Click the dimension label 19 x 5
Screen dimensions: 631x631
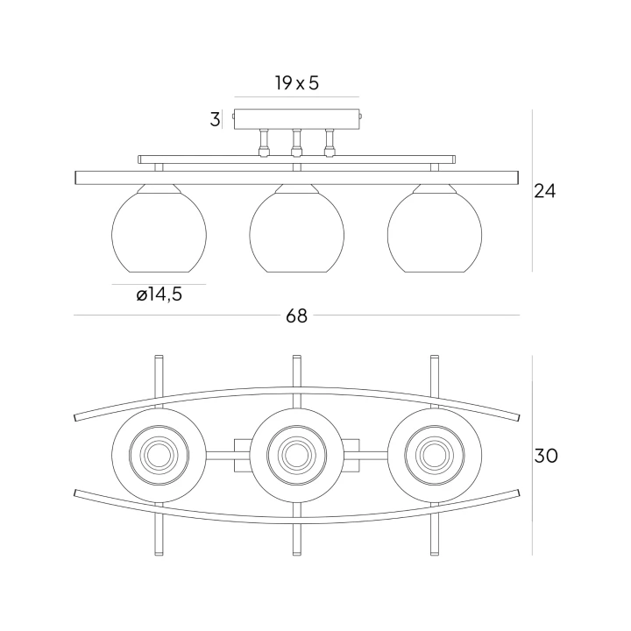pos(297,83)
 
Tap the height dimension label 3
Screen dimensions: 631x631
pos(216,119)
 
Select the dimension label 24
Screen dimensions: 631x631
pos(544,191)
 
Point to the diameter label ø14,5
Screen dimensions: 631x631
pos(159,294)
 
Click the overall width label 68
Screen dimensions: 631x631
pos(296,315)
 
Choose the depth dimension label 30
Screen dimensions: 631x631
pos(546,456)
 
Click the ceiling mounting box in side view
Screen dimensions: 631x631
pos(297,118)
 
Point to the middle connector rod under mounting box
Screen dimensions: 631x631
pos(296,143)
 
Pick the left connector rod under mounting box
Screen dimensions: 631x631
pos(264,143)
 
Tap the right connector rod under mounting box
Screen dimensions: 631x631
pos(330,143)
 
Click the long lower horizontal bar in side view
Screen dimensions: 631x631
pos(296,178)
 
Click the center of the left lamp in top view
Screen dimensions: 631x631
pos(159,455)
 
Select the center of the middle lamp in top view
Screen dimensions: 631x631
pos(296,455)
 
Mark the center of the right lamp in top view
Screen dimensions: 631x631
pos(435,455)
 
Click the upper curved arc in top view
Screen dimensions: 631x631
pos(296,389)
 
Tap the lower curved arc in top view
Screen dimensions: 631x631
pos(296,521)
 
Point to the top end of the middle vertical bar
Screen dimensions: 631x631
pos(296,356)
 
